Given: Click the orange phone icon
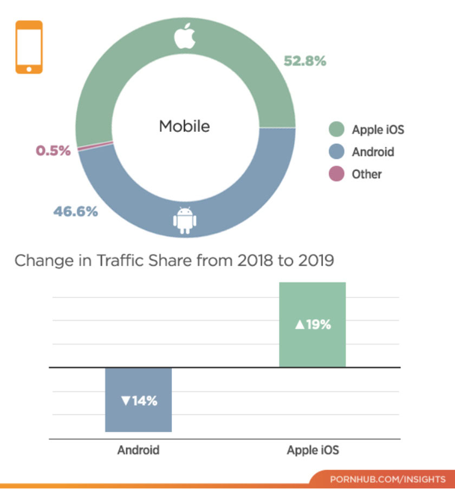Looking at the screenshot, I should pos(29,47).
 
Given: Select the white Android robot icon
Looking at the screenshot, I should pos(185,219).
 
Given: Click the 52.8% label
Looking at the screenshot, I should pos(305,61).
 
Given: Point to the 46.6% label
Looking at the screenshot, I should pos(75,212).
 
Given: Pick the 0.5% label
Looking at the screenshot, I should pos(53,151).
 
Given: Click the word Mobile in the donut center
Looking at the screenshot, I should pos(184,126).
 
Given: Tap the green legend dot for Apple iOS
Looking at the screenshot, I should pos(336,130).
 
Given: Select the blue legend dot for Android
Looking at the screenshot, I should pos(336,152).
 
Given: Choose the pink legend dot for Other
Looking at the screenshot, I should pos(336,174).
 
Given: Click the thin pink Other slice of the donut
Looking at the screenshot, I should pos(95,145).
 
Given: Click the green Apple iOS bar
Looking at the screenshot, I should pos(312,324).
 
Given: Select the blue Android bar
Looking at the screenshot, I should pos(138,399).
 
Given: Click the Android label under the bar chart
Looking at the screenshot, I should pos(138,450).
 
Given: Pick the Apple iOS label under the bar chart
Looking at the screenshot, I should pos(313,450).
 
